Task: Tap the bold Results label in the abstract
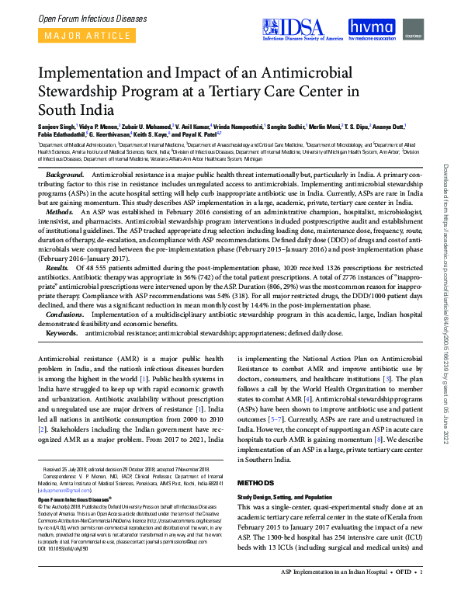[59, 266]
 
